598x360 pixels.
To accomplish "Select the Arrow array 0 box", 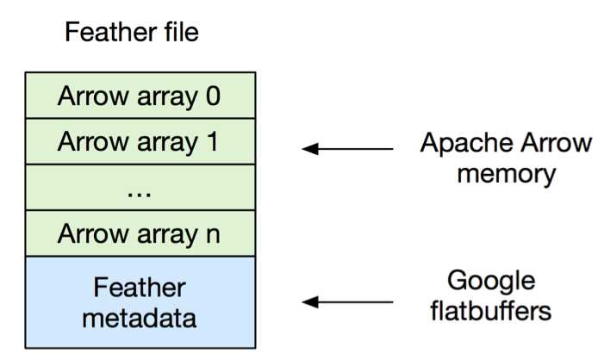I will [x=140, y=96].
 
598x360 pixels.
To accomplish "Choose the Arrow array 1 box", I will [x=140, y=142].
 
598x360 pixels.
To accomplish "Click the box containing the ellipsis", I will [x=140, y=188].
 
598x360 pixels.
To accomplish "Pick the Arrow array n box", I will [x=140, y=233].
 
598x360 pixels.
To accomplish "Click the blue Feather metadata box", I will [x=140, y=301].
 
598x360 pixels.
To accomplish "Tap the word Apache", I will [x=458, y=143].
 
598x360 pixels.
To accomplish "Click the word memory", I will [x=507, y=173].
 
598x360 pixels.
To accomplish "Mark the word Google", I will [x=492, y=281].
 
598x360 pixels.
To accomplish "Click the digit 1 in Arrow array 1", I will [x=212, y=142].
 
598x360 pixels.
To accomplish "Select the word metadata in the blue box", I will [x=140, y=317].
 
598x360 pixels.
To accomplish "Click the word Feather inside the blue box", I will [x=140, y=287].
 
